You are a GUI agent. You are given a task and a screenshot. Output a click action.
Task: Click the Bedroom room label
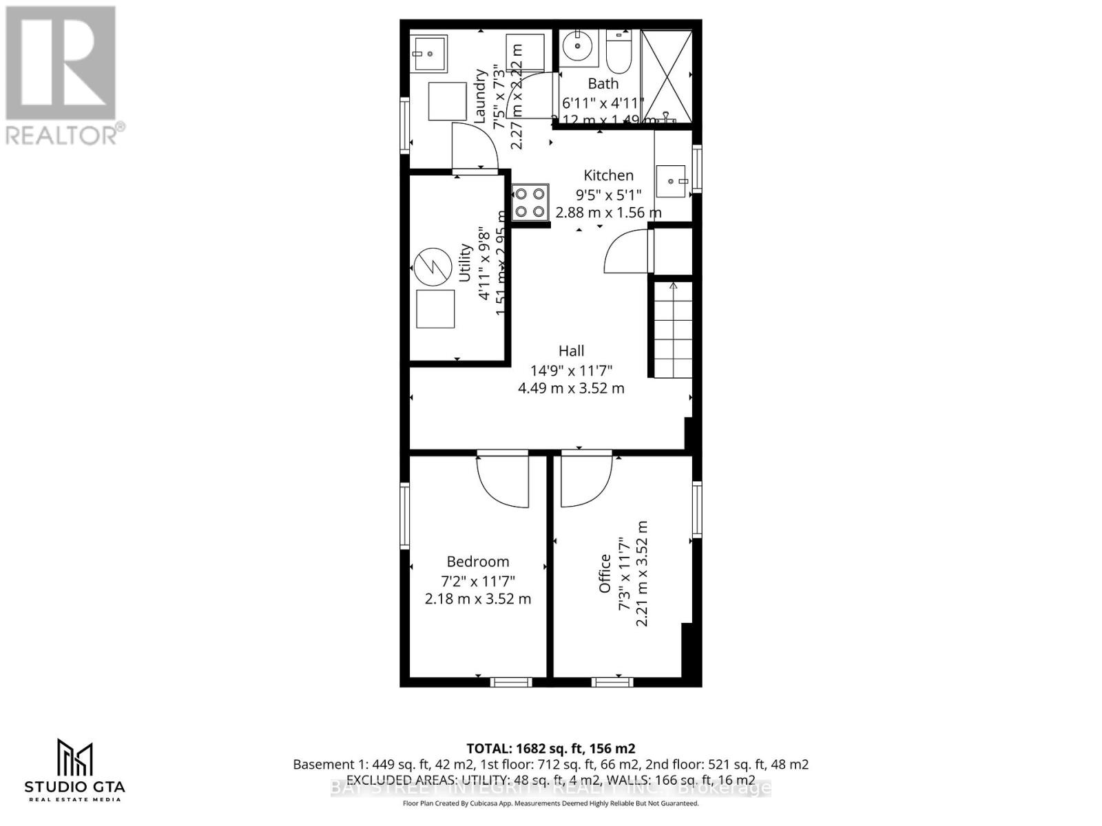tap(478, 562)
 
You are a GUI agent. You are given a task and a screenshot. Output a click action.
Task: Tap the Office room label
tap(605, 573)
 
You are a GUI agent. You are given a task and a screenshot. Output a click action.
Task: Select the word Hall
tap(572, 351)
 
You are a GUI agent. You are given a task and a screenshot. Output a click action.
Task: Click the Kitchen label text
tap(608, 175)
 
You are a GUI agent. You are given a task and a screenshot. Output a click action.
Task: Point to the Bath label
tap(603, 83)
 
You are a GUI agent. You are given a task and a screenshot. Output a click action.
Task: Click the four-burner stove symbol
tap(530, 202)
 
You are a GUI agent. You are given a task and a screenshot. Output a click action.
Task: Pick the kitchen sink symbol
tap(671, 181)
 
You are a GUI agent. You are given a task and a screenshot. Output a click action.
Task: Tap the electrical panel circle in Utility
tap(432, 268)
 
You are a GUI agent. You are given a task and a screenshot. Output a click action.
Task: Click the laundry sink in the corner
tap(430, 53)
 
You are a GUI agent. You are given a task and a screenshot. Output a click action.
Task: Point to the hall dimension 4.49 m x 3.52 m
tap(571, 388)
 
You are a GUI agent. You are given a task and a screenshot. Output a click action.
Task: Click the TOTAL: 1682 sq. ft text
tap(550, 748)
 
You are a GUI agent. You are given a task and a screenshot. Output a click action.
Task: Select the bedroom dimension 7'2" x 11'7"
tap(478, 581)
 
